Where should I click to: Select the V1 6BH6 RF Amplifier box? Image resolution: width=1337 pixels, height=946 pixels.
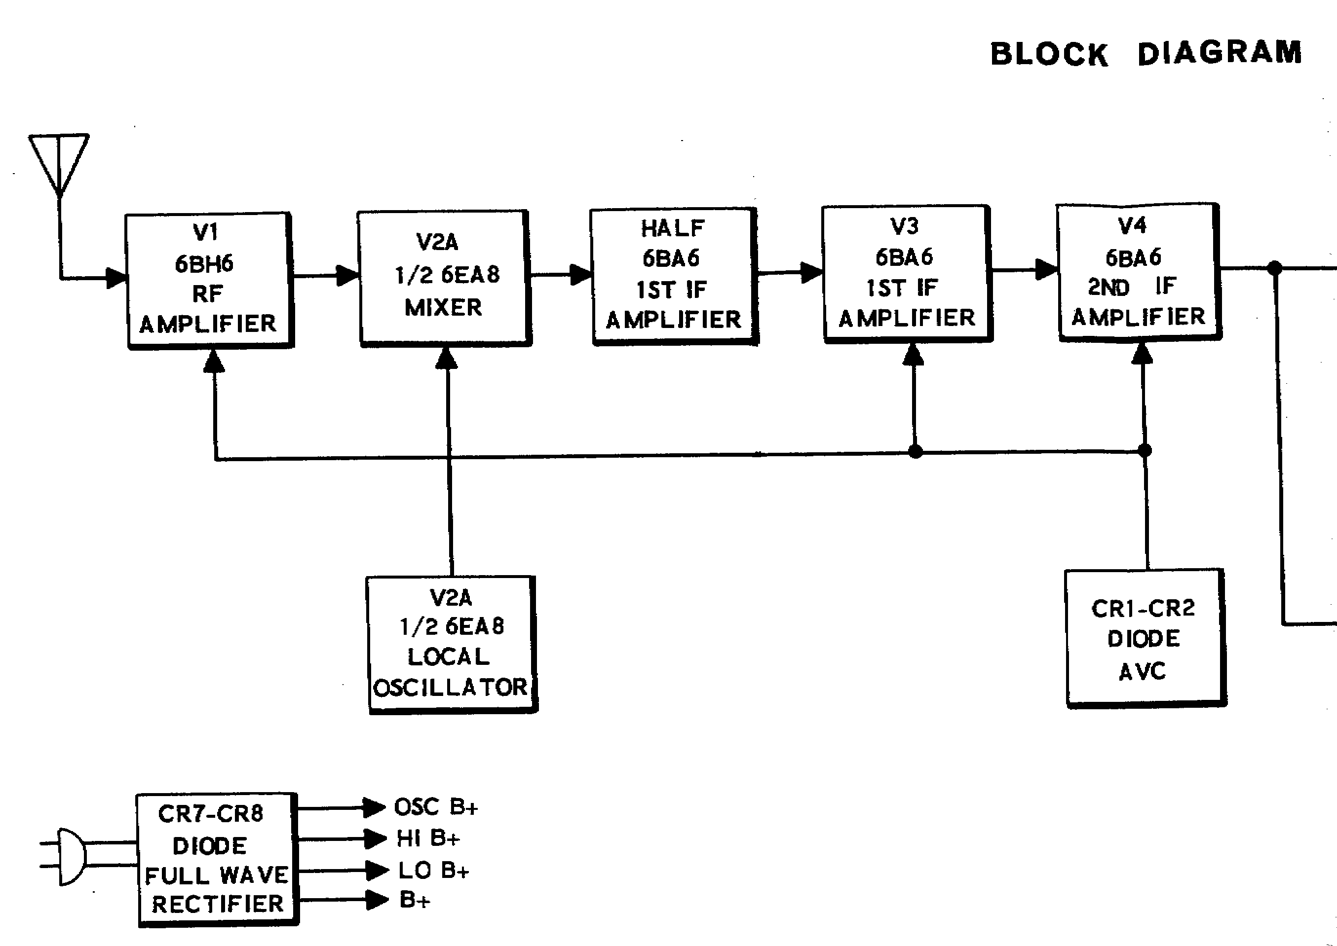point(209,280)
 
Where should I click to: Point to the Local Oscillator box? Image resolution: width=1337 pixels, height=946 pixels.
point(452,644)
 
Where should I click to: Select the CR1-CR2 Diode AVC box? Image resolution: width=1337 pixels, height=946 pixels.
point(1145,638)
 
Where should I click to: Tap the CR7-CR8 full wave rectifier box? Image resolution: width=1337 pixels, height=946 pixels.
point(217,859)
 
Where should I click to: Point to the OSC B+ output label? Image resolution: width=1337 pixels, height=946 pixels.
point(436,807)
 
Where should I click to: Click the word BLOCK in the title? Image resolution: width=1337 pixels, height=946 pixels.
point(1049,54)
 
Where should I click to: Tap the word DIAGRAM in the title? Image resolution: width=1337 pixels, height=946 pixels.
point(1219,53)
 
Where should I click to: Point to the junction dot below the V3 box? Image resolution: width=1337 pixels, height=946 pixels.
point(915,451)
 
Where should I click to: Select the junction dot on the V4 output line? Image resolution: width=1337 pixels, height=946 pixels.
point(1275,268)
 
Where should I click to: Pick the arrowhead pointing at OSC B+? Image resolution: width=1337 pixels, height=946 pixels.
point(374,807)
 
